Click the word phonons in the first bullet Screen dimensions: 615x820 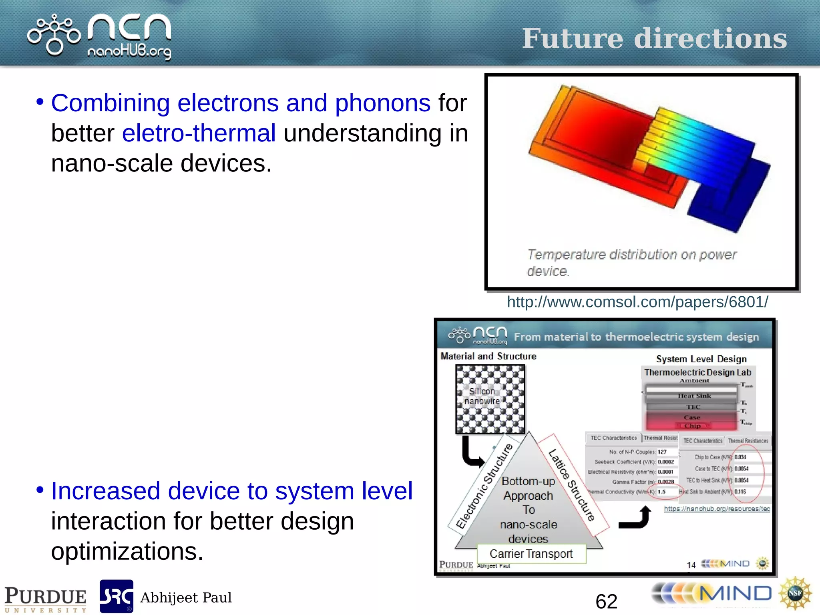[382, 103]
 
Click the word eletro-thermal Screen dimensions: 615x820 [199, 133]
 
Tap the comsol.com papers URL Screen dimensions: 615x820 [637, 302]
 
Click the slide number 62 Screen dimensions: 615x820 [606, 601]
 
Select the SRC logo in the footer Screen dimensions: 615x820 [116, 596]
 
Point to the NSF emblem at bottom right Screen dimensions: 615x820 [795, 593]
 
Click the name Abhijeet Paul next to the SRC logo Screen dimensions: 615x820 [186, 597]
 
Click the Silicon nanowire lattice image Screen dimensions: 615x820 [490, 399]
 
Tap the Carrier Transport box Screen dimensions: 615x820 [531, 554]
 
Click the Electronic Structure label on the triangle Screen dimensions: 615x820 [484, 486]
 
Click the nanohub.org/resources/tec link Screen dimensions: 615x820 [717, 508]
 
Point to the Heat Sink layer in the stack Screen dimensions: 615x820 [694, 396]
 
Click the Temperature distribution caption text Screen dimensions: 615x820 [631, 262]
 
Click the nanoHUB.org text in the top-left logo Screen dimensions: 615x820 [129, 52]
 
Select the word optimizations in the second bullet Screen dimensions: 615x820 [127, 551]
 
